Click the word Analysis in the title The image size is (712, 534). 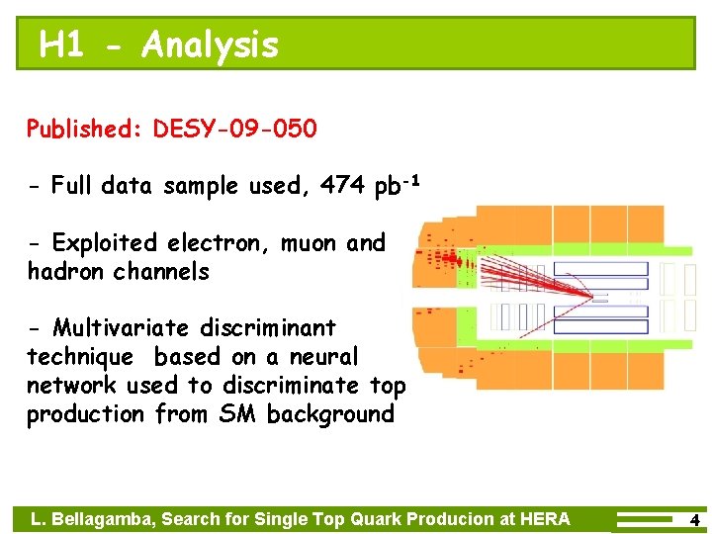(210, 44)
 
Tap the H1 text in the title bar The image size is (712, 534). (61, 44)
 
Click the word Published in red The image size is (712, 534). (85, 130)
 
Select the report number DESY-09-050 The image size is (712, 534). (235, 129)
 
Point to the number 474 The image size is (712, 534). (344, 185)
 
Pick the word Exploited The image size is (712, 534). (105, 243)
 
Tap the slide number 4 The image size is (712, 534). (694, 519)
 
